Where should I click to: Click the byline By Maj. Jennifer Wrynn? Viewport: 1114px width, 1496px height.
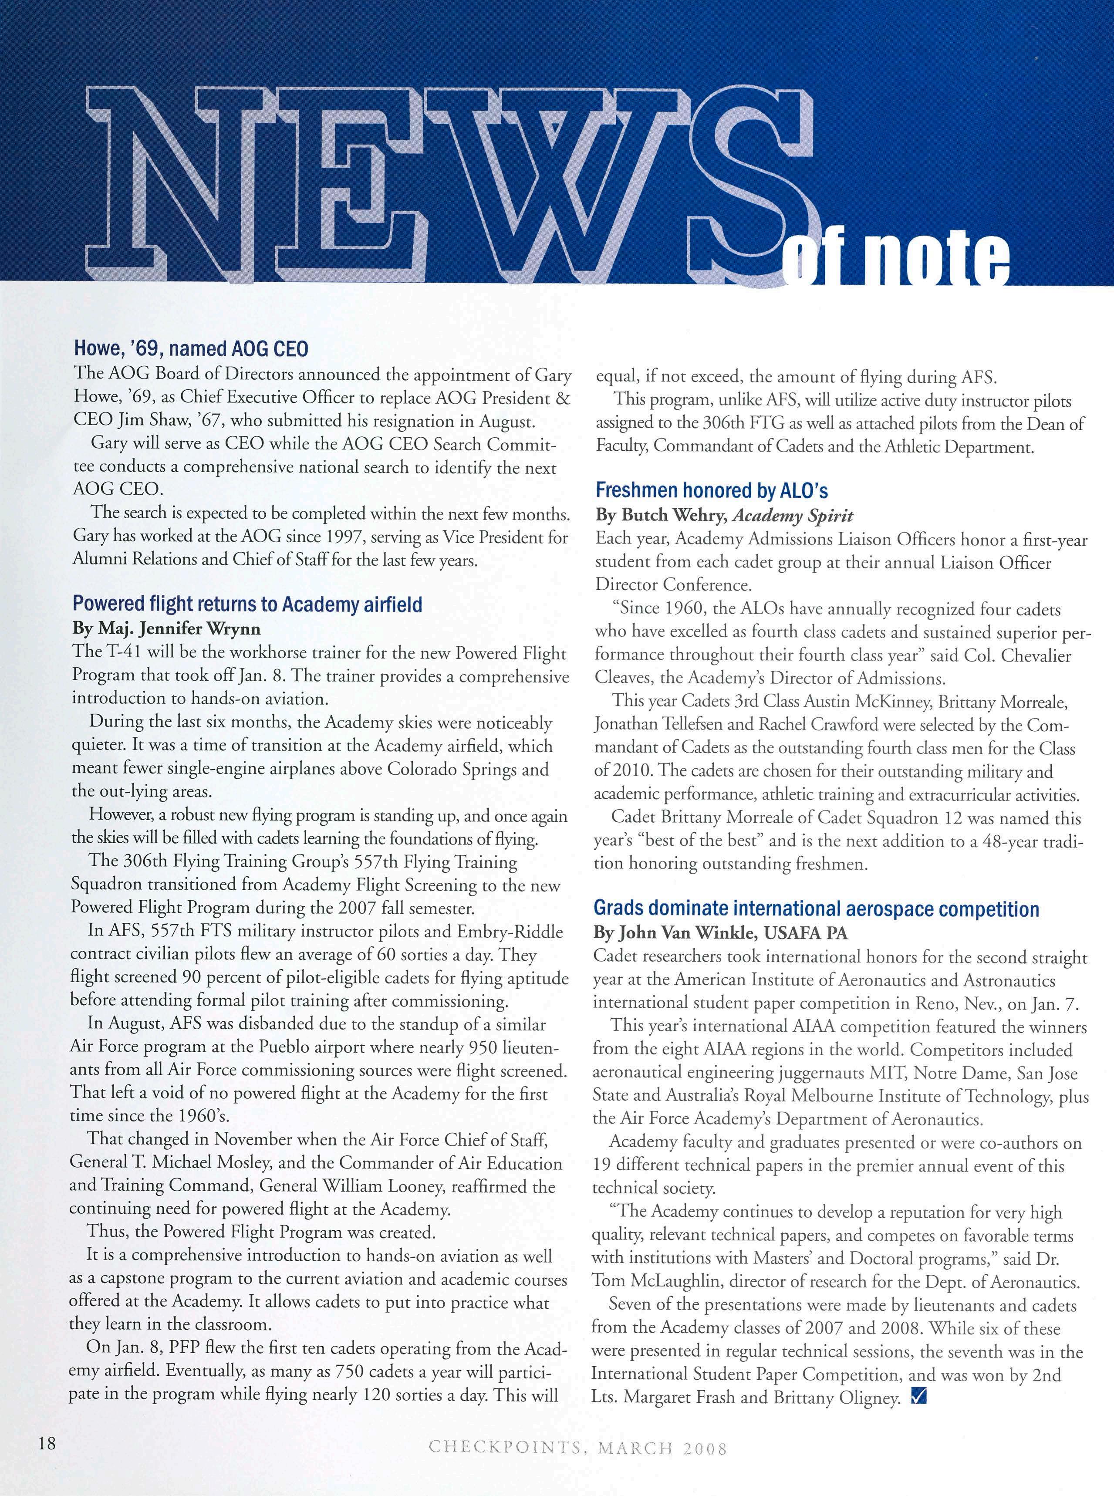coord(166,629)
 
